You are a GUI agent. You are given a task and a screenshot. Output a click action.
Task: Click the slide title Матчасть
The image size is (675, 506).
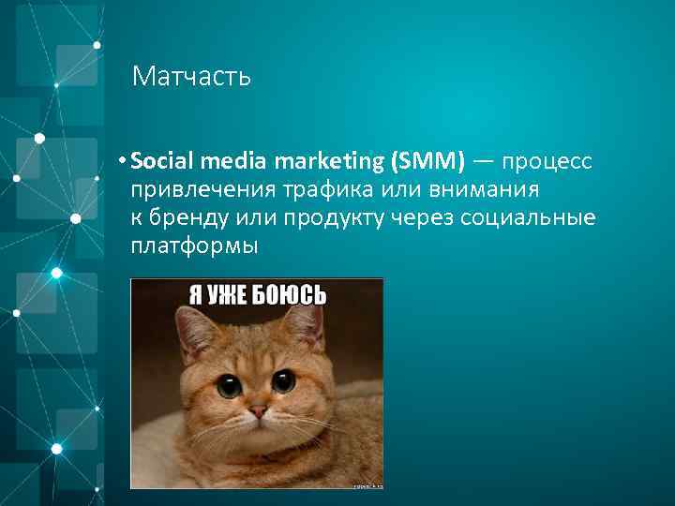coord(191,76)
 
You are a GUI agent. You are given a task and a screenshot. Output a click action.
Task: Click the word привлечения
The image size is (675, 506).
coord(200,190)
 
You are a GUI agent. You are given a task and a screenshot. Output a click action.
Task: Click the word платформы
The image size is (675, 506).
coord(194,246)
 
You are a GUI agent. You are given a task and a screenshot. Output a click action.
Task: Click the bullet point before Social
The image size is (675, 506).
coord(123,162)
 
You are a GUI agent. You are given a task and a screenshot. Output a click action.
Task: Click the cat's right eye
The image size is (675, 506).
coord(283,380)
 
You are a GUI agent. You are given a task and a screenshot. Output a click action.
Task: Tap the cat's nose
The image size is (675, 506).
coord(257,409)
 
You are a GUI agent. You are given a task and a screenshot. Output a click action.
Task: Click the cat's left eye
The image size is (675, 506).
coord(229,384)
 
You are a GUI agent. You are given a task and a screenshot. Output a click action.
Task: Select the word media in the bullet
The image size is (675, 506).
coord(217,161)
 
